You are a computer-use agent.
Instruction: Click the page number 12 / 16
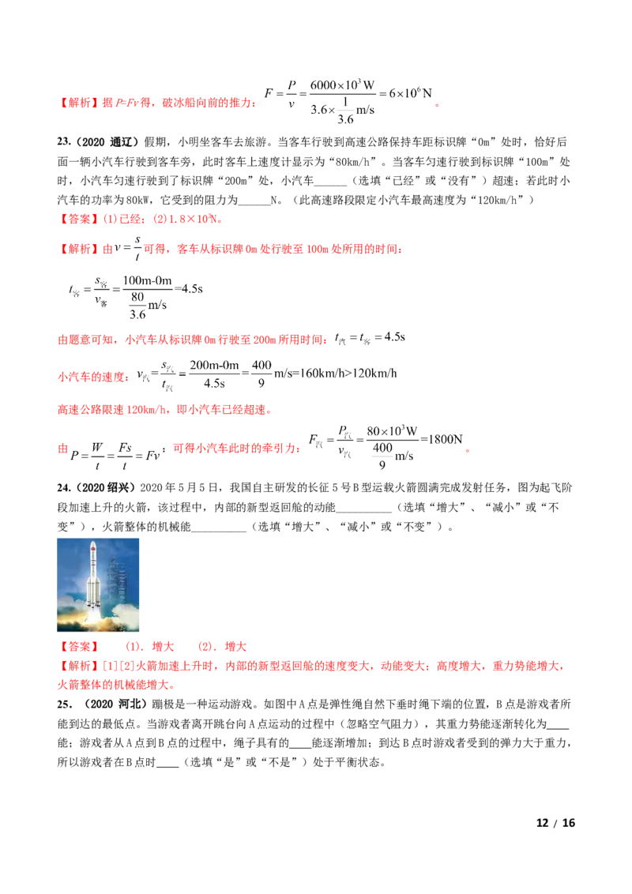pyautogui.click(x=555, y=823)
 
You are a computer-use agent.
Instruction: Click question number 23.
pyautogui.click(x=63, y=142)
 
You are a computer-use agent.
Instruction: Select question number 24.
pyautogui.click(x=63, y=487)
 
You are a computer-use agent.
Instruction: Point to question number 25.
pyautogui.click(x=64, y=704)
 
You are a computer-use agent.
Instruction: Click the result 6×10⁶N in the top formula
pyautogui.click(x=410, y=93)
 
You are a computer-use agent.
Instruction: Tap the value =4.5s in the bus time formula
pyautogui.click(x=189, y=288)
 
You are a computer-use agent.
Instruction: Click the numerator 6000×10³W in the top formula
pyautogui.click(x=342, y=85)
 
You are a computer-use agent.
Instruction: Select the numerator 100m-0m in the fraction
pyautogui.click(x=147, y=280)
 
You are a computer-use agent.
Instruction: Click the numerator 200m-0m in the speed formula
pyautogui.click(x=214, y=365)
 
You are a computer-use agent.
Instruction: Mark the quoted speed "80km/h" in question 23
pyautogui.click(x=354, y=161)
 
